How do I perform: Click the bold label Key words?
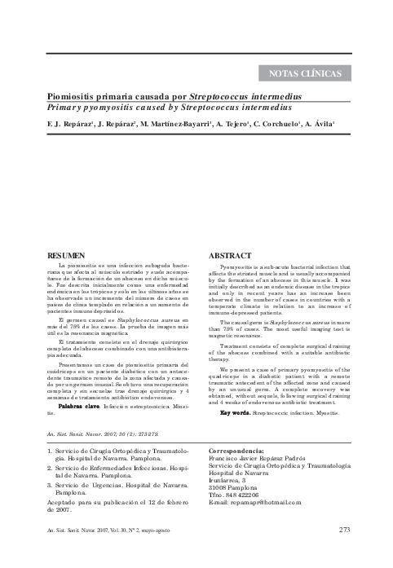235,390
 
